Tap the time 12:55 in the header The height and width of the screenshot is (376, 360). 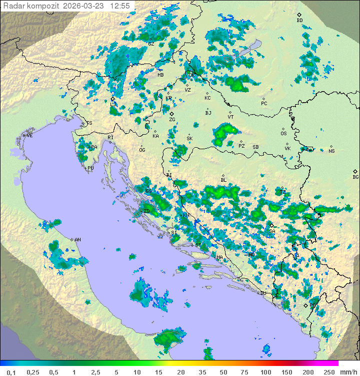click(x=120, y=6)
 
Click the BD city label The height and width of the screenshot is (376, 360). click(x=299, y=21)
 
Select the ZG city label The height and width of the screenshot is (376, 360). click(x=172, y=120)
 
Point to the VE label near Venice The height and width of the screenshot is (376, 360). click(x=29, y=136)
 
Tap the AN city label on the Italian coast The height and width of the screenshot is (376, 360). click(x=77, y=240)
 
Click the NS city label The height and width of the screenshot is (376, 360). click(x=331, y=151)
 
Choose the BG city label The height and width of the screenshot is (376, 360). click(x=355, y=177)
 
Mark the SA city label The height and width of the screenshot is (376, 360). click(x=272, y=231)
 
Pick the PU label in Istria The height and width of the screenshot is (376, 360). click(x=90, y=168)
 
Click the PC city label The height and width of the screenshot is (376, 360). click(x=264, y=104)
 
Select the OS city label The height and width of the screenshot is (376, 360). click(x=283, y=134)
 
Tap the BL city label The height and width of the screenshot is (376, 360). click(x=223, y=180)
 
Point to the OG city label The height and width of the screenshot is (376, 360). click(x=142, y=150)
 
